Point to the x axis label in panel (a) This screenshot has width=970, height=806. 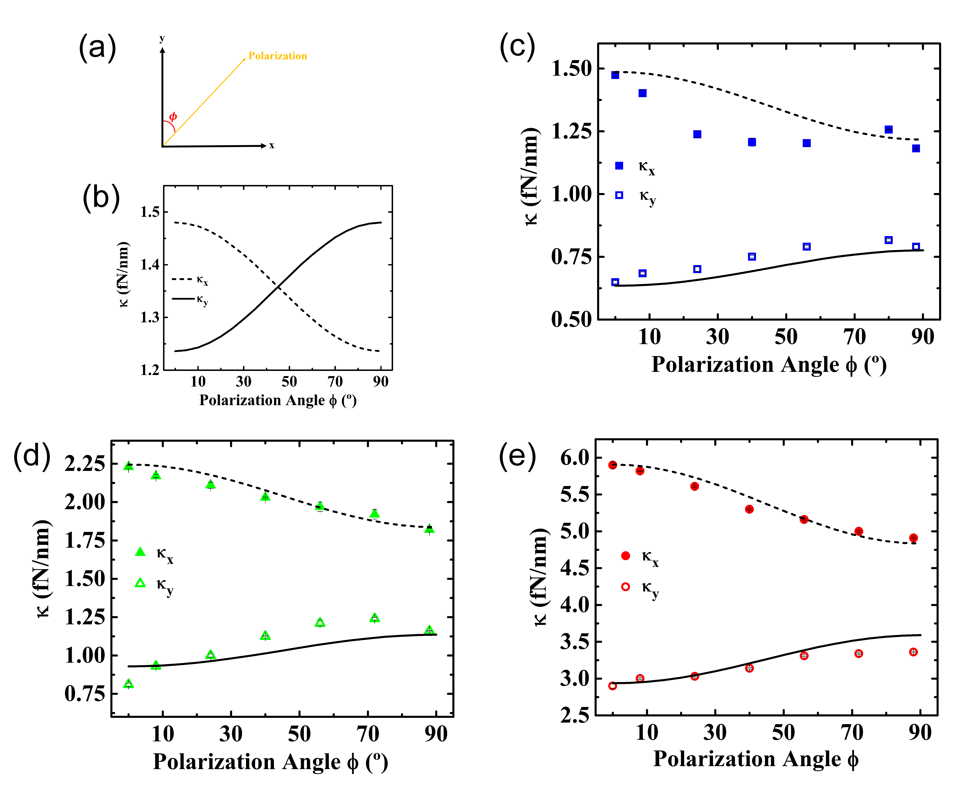pos(272,146)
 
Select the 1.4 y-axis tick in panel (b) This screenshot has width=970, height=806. pos(150,265)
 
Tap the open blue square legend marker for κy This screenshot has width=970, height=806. pos(619,195)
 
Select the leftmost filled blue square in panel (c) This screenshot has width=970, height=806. pos(615,75)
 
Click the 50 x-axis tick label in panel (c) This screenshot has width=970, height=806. pos(786,337)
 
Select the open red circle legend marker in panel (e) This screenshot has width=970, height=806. pos(625,587)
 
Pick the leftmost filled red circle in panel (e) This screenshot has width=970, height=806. pos(613,465)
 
